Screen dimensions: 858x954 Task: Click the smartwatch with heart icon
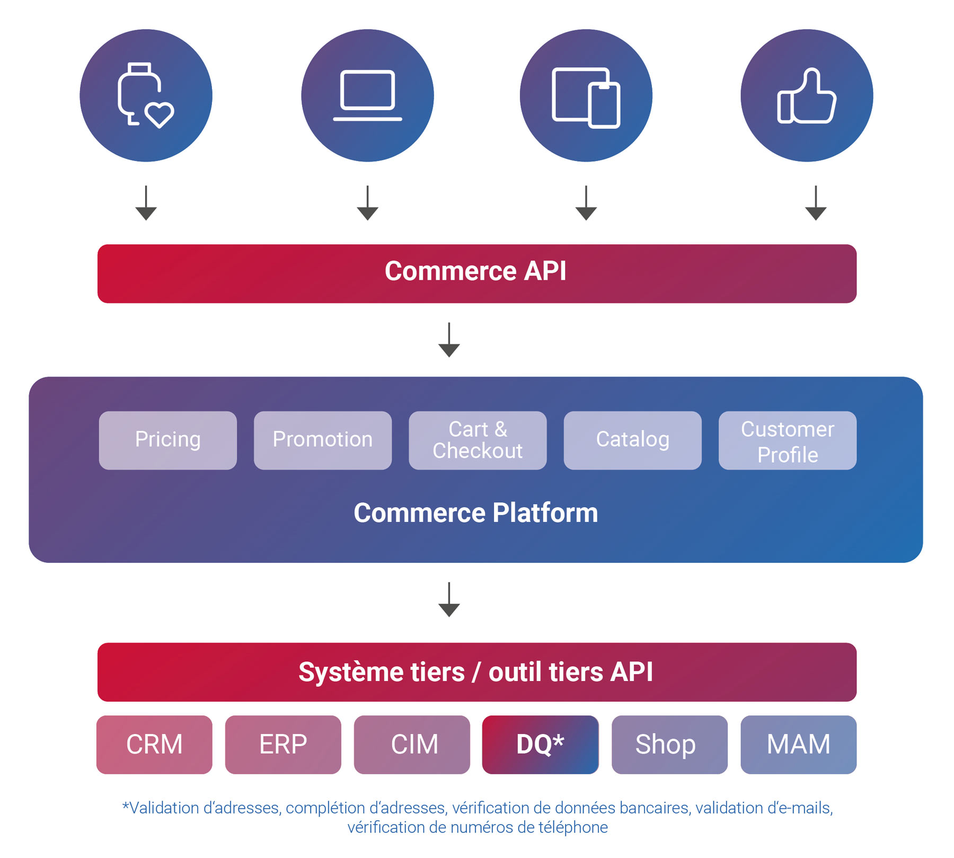point(146,95)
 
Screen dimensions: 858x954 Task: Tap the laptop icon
point(367,95)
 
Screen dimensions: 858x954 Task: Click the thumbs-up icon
point(807,95)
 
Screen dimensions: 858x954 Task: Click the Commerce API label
point(475,272)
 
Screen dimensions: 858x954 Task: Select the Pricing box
point(167,440)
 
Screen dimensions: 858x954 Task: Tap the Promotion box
point(322,440)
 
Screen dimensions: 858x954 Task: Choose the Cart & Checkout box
point(477,440)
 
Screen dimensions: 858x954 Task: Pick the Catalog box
point(632,440)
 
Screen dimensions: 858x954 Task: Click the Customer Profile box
point(787,440)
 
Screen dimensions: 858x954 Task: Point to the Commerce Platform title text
point(475,513)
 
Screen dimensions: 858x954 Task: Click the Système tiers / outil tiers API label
point(475,672)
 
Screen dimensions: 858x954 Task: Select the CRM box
point(154,744)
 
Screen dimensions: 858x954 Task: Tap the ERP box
point(283,744)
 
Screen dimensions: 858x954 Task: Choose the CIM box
point(412,744)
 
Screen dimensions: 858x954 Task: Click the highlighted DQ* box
point(540,744)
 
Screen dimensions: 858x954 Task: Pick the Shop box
point(669,744)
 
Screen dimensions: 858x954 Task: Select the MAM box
point(798,744)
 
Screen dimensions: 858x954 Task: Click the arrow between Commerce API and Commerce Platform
point(449,340)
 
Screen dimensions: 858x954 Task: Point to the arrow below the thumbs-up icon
point(816,204)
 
